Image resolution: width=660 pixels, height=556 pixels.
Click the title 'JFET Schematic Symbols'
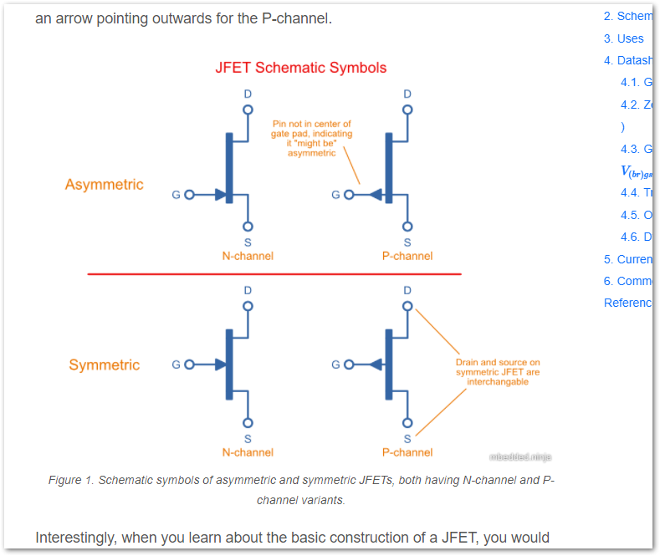[x=300, y=68]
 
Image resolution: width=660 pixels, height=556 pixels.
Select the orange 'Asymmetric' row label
[x=104, y=185]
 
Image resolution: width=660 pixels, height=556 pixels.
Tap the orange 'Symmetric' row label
[x=104, y=365]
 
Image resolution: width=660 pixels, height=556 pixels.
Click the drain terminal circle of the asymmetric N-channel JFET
[x=248, y=109]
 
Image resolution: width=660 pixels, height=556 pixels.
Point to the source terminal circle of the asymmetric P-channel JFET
[x=407, y=227]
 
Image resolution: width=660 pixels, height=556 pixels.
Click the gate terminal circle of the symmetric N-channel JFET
[x=188, y=365]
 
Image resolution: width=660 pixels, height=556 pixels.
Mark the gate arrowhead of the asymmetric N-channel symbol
[x=221, y=195]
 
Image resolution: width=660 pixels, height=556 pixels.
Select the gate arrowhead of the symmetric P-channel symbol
[x=376, y=365]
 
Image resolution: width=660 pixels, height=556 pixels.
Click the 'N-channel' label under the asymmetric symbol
[x=248, y=256]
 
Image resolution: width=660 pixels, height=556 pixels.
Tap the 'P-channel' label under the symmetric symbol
[x=407, y=452]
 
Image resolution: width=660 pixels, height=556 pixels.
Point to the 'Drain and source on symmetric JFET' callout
[x=498, y=372]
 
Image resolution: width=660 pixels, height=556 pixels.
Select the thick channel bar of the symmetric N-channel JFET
[x=228, y=365]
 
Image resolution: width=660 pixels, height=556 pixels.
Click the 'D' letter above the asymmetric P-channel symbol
[x=407, y=94]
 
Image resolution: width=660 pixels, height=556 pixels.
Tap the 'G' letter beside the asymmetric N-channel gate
[x=176, y=195]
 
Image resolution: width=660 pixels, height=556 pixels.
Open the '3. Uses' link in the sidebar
[x=624, y=38]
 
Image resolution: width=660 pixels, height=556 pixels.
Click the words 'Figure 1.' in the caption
[x=71, y=480]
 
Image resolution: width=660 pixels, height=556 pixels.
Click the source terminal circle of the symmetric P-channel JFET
[x=407, y=423]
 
